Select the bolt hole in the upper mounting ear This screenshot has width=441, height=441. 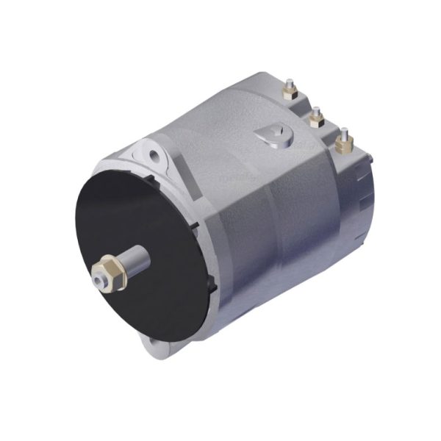point(155,156)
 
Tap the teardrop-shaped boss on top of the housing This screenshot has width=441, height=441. point(272,137)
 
